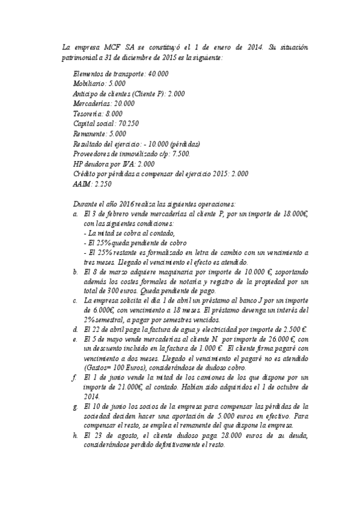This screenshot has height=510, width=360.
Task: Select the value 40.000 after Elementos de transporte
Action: click(x=157, y=73)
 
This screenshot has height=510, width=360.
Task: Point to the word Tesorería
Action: click(x=88, y=113)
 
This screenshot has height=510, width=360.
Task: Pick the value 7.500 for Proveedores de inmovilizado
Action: click(x=180, y=153)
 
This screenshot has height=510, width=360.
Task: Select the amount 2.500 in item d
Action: click(x=291, y=330)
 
